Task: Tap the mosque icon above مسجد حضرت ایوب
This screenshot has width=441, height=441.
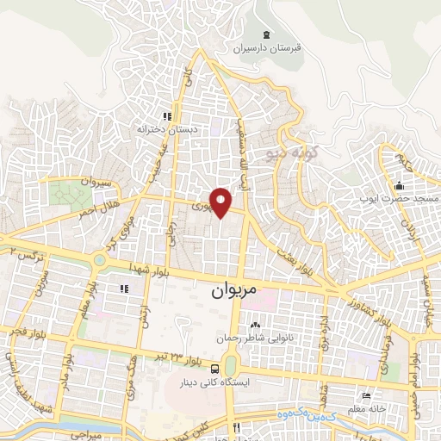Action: point(398,185)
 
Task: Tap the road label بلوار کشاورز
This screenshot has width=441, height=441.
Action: point(354,307)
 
